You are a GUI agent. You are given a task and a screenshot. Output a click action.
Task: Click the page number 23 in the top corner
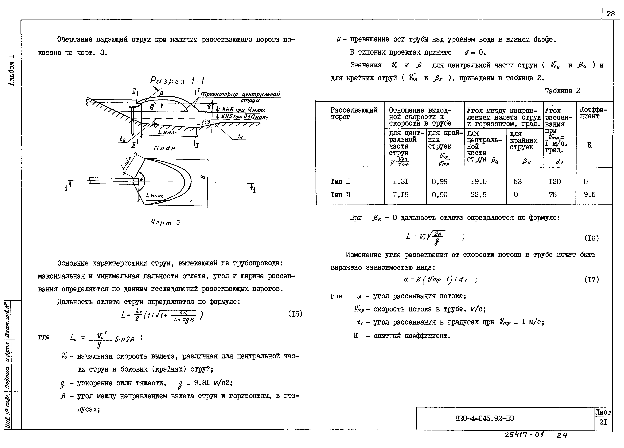[611, 14]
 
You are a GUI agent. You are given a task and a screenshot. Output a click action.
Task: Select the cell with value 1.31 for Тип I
[401, 182]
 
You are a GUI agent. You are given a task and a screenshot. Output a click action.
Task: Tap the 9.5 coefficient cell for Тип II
[590, 195]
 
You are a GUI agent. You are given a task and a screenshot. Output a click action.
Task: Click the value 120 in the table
[555, 182]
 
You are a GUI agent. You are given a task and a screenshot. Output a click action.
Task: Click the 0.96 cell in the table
[439, 182]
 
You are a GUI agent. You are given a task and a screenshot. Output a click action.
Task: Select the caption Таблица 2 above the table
[562, 91]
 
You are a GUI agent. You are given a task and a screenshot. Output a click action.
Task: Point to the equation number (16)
[592, 238]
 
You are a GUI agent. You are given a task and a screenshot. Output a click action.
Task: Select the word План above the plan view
[164, 148]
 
